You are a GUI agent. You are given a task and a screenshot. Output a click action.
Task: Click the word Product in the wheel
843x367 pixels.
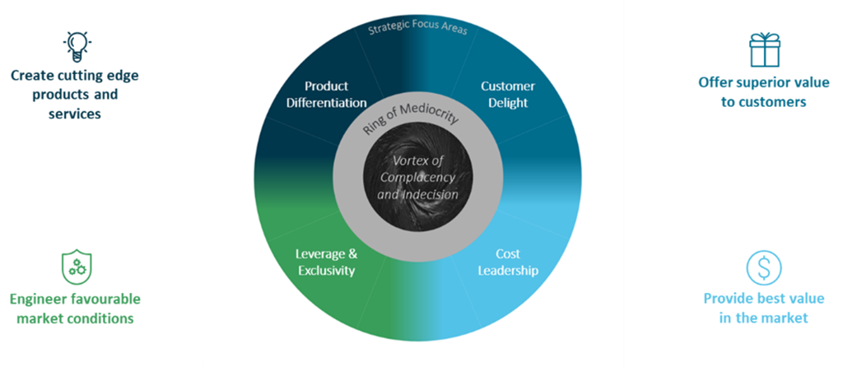tap(327, 86)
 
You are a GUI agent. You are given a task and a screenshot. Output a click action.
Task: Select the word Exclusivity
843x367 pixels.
tap(327, 270)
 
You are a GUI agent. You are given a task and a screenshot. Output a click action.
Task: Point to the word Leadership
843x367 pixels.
tap(508, 270)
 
